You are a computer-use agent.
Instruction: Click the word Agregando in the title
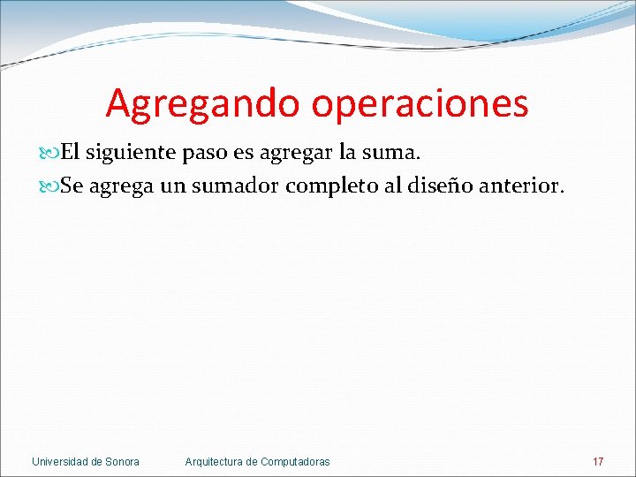[x=203, y=104]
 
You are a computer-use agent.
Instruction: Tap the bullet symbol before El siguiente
[x=50, y=153]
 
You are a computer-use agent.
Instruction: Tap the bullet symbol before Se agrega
[x=50, y=186]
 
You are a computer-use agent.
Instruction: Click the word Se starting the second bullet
[x=71, y=186]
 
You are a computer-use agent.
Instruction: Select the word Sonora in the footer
[x=123, y=462]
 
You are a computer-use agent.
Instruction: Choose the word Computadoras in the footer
[x=296, y=462]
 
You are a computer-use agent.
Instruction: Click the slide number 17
[x=598, y=462]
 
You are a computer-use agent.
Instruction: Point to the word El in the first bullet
[x=70, y=153]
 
